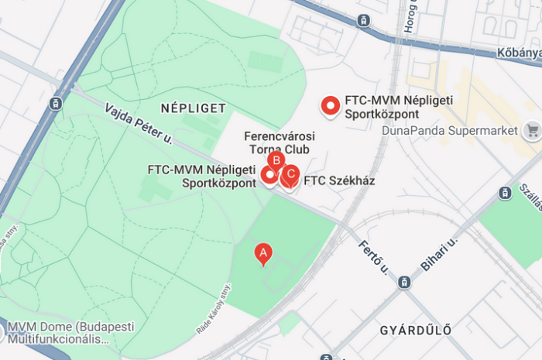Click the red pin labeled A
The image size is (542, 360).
coord(263,252)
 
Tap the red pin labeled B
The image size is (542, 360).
coord(276,161)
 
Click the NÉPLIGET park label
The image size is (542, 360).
coord(193,108)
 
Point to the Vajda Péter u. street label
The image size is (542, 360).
coord(138,126)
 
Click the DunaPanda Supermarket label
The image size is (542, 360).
coord(450,130)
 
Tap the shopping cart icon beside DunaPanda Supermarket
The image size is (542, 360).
coord(532,130)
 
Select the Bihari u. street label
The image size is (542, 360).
coord(440,253)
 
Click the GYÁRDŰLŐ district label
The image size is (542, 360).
coord(415,331)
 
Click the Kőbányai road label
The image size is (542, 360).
coord(519,53)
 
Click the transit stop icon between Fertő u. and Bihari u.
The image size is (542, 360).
coord(403,282)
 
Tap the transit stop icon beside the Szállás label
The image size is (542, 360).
coord(505,193)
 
